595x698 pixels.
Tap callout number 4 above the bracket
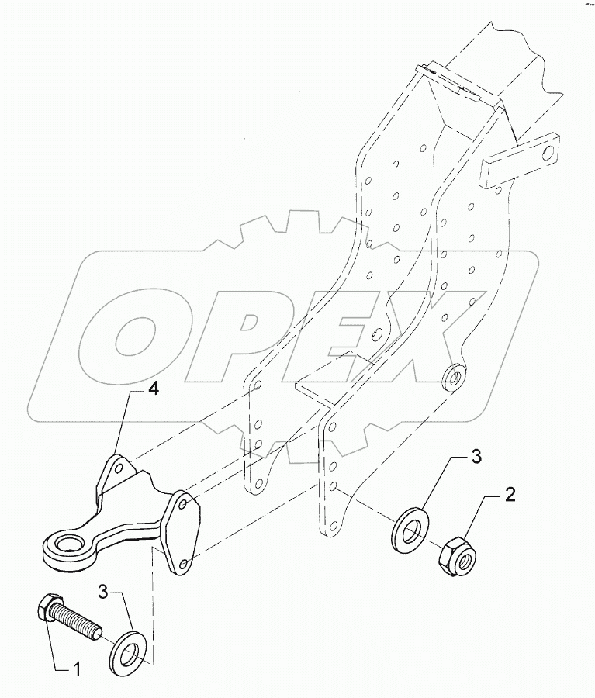point(154,391)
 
